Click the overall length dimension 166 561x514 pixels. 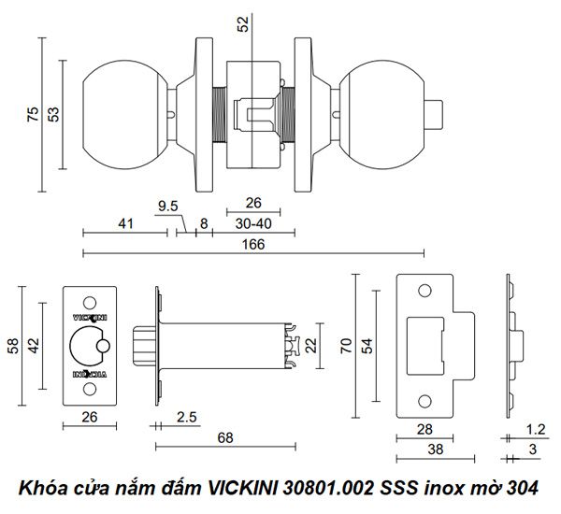253,244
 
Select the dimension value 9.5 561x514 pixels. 168,205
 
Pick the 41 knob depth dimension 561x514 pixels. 125,223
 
